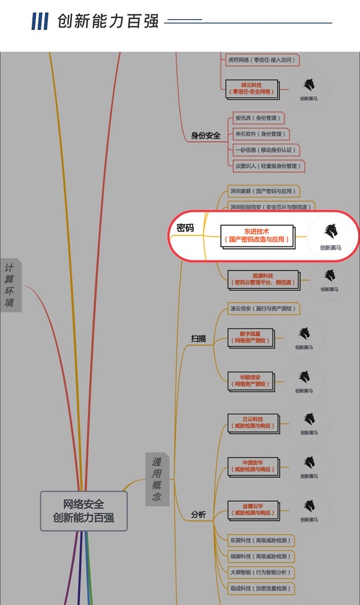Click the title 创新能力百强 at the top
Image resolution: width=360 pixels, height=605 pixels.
point(108,22)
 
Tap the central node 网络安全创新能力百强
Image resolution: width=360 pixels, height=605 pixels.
point(83,511)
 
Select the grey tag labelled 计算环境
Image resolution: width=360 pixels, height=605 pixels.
point(10,284)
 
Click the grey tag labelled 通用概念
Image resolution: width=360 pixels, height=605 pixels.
point(157,479)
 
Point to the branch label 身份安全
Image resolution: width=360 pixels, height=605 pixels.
point(206,136)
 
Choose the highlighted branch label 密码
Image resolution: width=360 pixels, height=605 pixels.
point(185,228)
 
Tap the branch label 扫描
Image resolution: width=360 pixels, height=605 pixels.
point(199,339)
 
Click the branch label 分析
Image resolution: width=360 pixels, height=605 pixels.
point(199,514)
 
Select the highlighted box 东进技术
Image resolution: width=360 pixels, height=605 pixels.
point(257,235)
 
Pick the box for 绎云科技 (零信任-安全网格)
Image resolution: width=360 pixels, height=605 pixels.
point(252,88)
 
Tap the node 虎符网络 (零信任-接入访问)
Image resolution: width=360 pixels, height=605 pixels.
point(262,60)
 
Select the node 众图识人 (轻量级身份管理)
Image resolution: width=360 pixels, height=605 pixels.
point(267,165)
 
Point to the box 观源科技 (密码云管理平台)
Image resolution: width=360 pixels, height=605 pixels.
point(263,278)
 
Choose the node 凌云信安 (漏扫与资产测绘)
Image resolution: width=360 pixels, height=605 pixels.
point(262,309)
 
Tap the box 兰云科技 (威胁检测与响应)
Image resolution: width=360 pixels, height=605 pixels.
point(253,422)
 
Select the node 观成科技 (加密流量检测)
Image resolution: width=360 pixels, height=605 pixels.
point(260,588)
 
